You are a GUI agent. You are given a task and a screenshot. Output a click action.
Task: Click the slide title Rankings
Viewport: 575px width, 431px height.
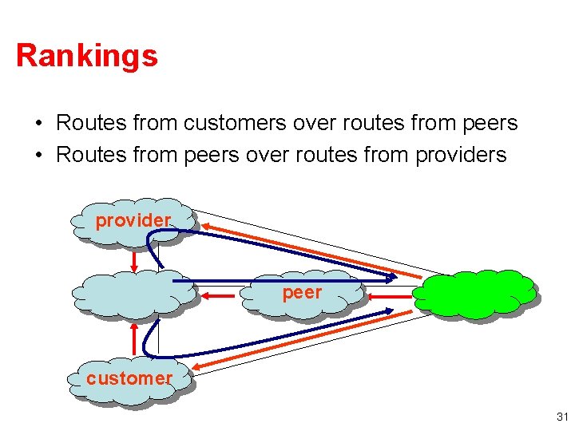[86, 56]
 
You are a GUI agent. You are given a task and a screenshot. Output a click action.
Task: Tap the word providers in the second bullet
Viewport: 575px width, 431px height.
[461, 154]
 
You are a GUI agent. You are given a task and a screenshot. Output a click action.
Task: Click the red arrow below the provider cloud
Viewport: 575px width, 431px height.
[134, 256]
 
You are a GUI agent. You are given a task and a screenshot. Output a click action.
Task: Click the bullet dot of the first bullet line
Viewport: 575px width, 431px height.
[38, 124]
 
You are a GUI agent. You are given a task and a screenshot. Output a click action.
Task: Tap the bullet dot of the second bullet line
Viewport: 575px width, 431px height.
[38, 155]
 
